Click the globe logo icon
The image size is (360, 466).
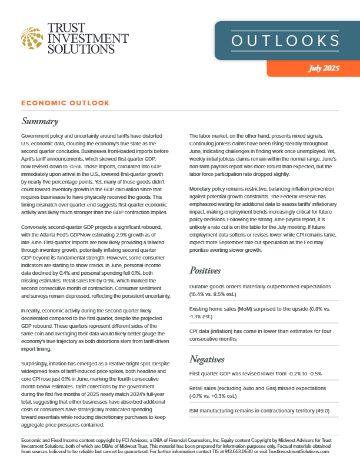32,37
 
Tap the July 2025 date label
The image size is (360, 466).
324,68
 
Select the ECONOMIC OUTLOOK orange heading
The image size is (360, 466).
65,103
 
